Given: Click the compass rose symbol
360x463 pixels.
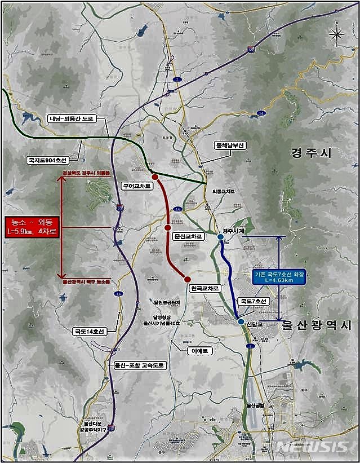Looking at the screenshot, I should tap(336, 36).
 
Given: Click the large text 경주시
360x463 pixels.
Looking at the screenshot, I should tap(312, 153).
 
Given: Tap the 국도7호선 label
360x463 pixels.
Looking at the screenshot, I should tap(254, 302).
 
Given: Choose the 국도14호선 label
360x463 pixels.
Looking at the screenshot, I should tap(89, 332).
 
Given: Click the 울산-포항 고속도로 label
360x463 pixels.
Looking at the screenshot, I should tap(139, 365).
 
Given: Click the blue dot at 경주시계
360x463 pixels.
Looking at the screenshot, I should tap(220, 237).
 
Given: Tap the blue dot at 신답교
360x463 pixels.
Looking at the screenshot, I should tap(241, 321).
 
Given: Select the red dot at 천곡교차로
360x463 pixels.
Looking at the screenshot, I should tap(187, 279).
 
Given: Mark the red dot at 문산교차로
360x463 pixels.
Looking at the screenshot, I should tap(167, 227).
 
